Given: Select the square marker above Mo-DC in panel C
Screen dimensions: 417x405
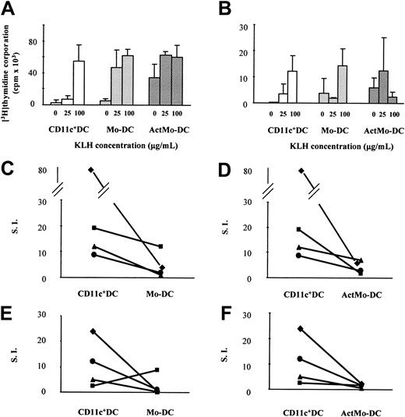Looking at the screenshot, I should point(161,246).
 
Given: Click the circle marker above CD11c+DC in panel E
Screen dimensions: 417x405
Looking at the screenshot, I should point(93,362).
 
